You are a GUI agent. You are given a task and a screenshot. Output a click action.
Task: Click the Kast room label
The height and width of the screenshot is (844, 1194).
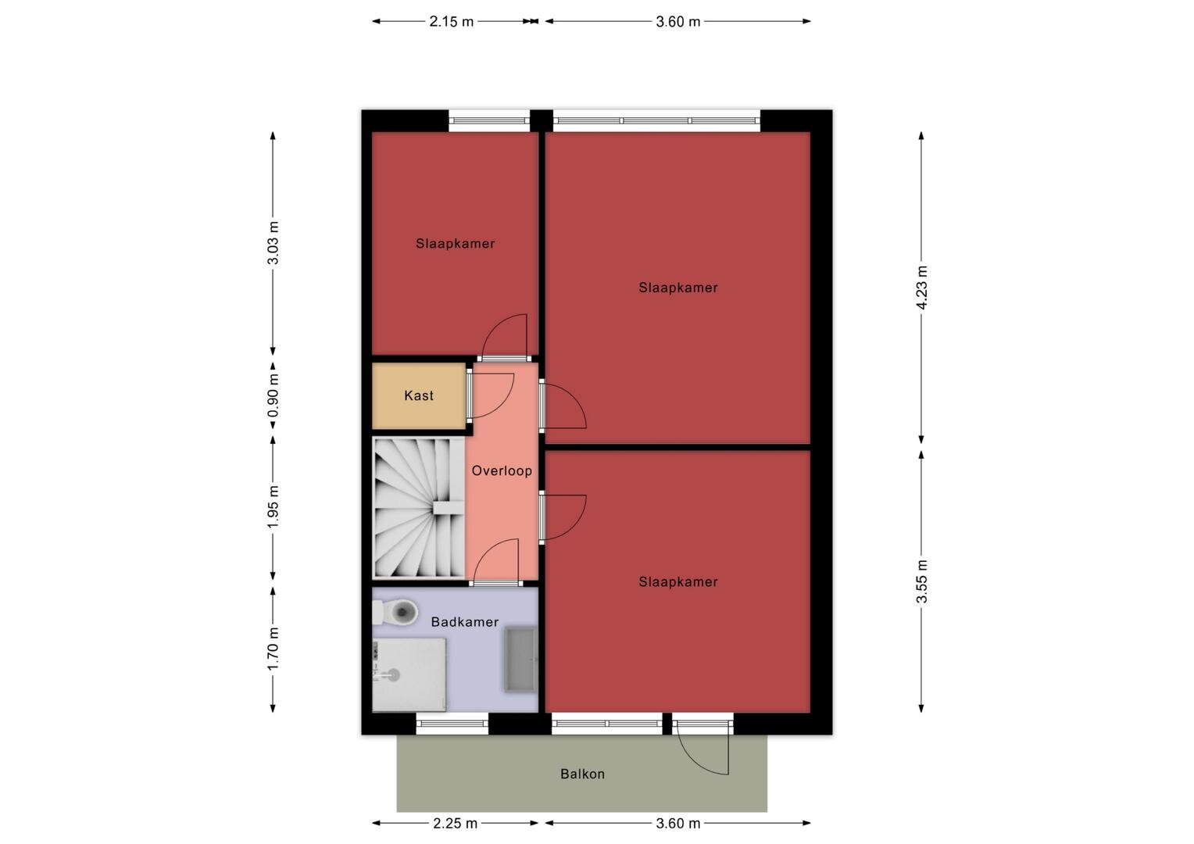pyautogui.click(x=418, y=395)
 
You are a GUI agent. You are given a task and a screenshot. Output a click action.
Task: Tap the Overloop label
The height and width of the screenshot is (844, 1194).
pyautogui.click(x=502, y=470)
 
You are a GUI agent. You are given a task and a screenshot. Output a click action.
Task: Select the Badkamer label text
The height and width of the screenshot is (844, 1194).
pyautogui.click(x=465, y=622)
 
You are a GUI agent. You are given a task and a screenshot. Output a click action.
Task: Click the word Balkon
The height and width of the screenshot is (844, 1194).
pyautogui.click(x=582, y=774)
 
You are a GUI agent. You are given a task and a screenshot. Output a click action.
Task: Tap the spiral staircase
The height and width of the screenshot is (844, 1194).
pyautogui.click(x=418, y=508)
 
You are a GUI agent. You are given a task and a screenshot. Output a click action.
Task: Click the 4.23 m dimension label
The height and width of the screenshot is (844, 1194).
pyautogui.click(x=921, y=288)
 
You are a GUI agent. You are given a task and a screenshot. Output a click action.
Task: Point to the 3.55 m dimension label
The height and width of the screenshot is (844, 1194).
pyautogui.click(x=921, y=581)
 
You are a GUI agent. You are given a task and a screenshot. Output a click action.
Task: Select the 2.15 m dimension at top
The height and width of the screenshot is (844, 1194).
pyautogui.click(x=451, y=22)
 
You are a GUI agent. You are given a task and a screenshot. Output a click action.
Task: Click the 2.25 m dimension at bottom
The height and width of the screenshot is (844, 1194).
pyautogui.click(x=455, y=824)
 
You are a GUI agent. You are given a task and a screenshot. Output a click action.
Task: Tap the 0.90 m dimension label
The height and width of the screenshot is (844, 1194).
pyautogui.click(x=273, y=395)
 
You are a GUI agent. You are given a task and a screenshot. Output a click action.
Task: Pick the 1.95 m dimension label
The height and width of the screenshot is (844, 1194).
pyautogui.click(x=273, y=507)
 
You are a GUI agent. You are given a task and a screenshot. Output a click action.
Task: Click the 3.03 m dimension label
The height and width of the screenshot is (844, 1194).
pyautogui.click(x=273, y=242)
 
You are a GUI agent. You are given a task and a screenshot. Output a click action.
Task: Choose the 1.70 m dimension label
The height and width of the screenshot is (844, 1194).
pyautogui.click(x=273, y=649)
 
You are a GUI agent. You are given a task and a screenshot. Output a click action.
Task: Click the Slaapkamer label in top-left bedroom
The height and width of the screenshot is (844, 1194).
pyautogui.click(x=456, y=244)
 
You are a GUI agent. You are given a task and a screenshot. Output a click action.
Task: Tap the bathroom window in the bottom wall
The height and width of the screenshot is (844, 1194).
pyautogui.click(x=452, y=724)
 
